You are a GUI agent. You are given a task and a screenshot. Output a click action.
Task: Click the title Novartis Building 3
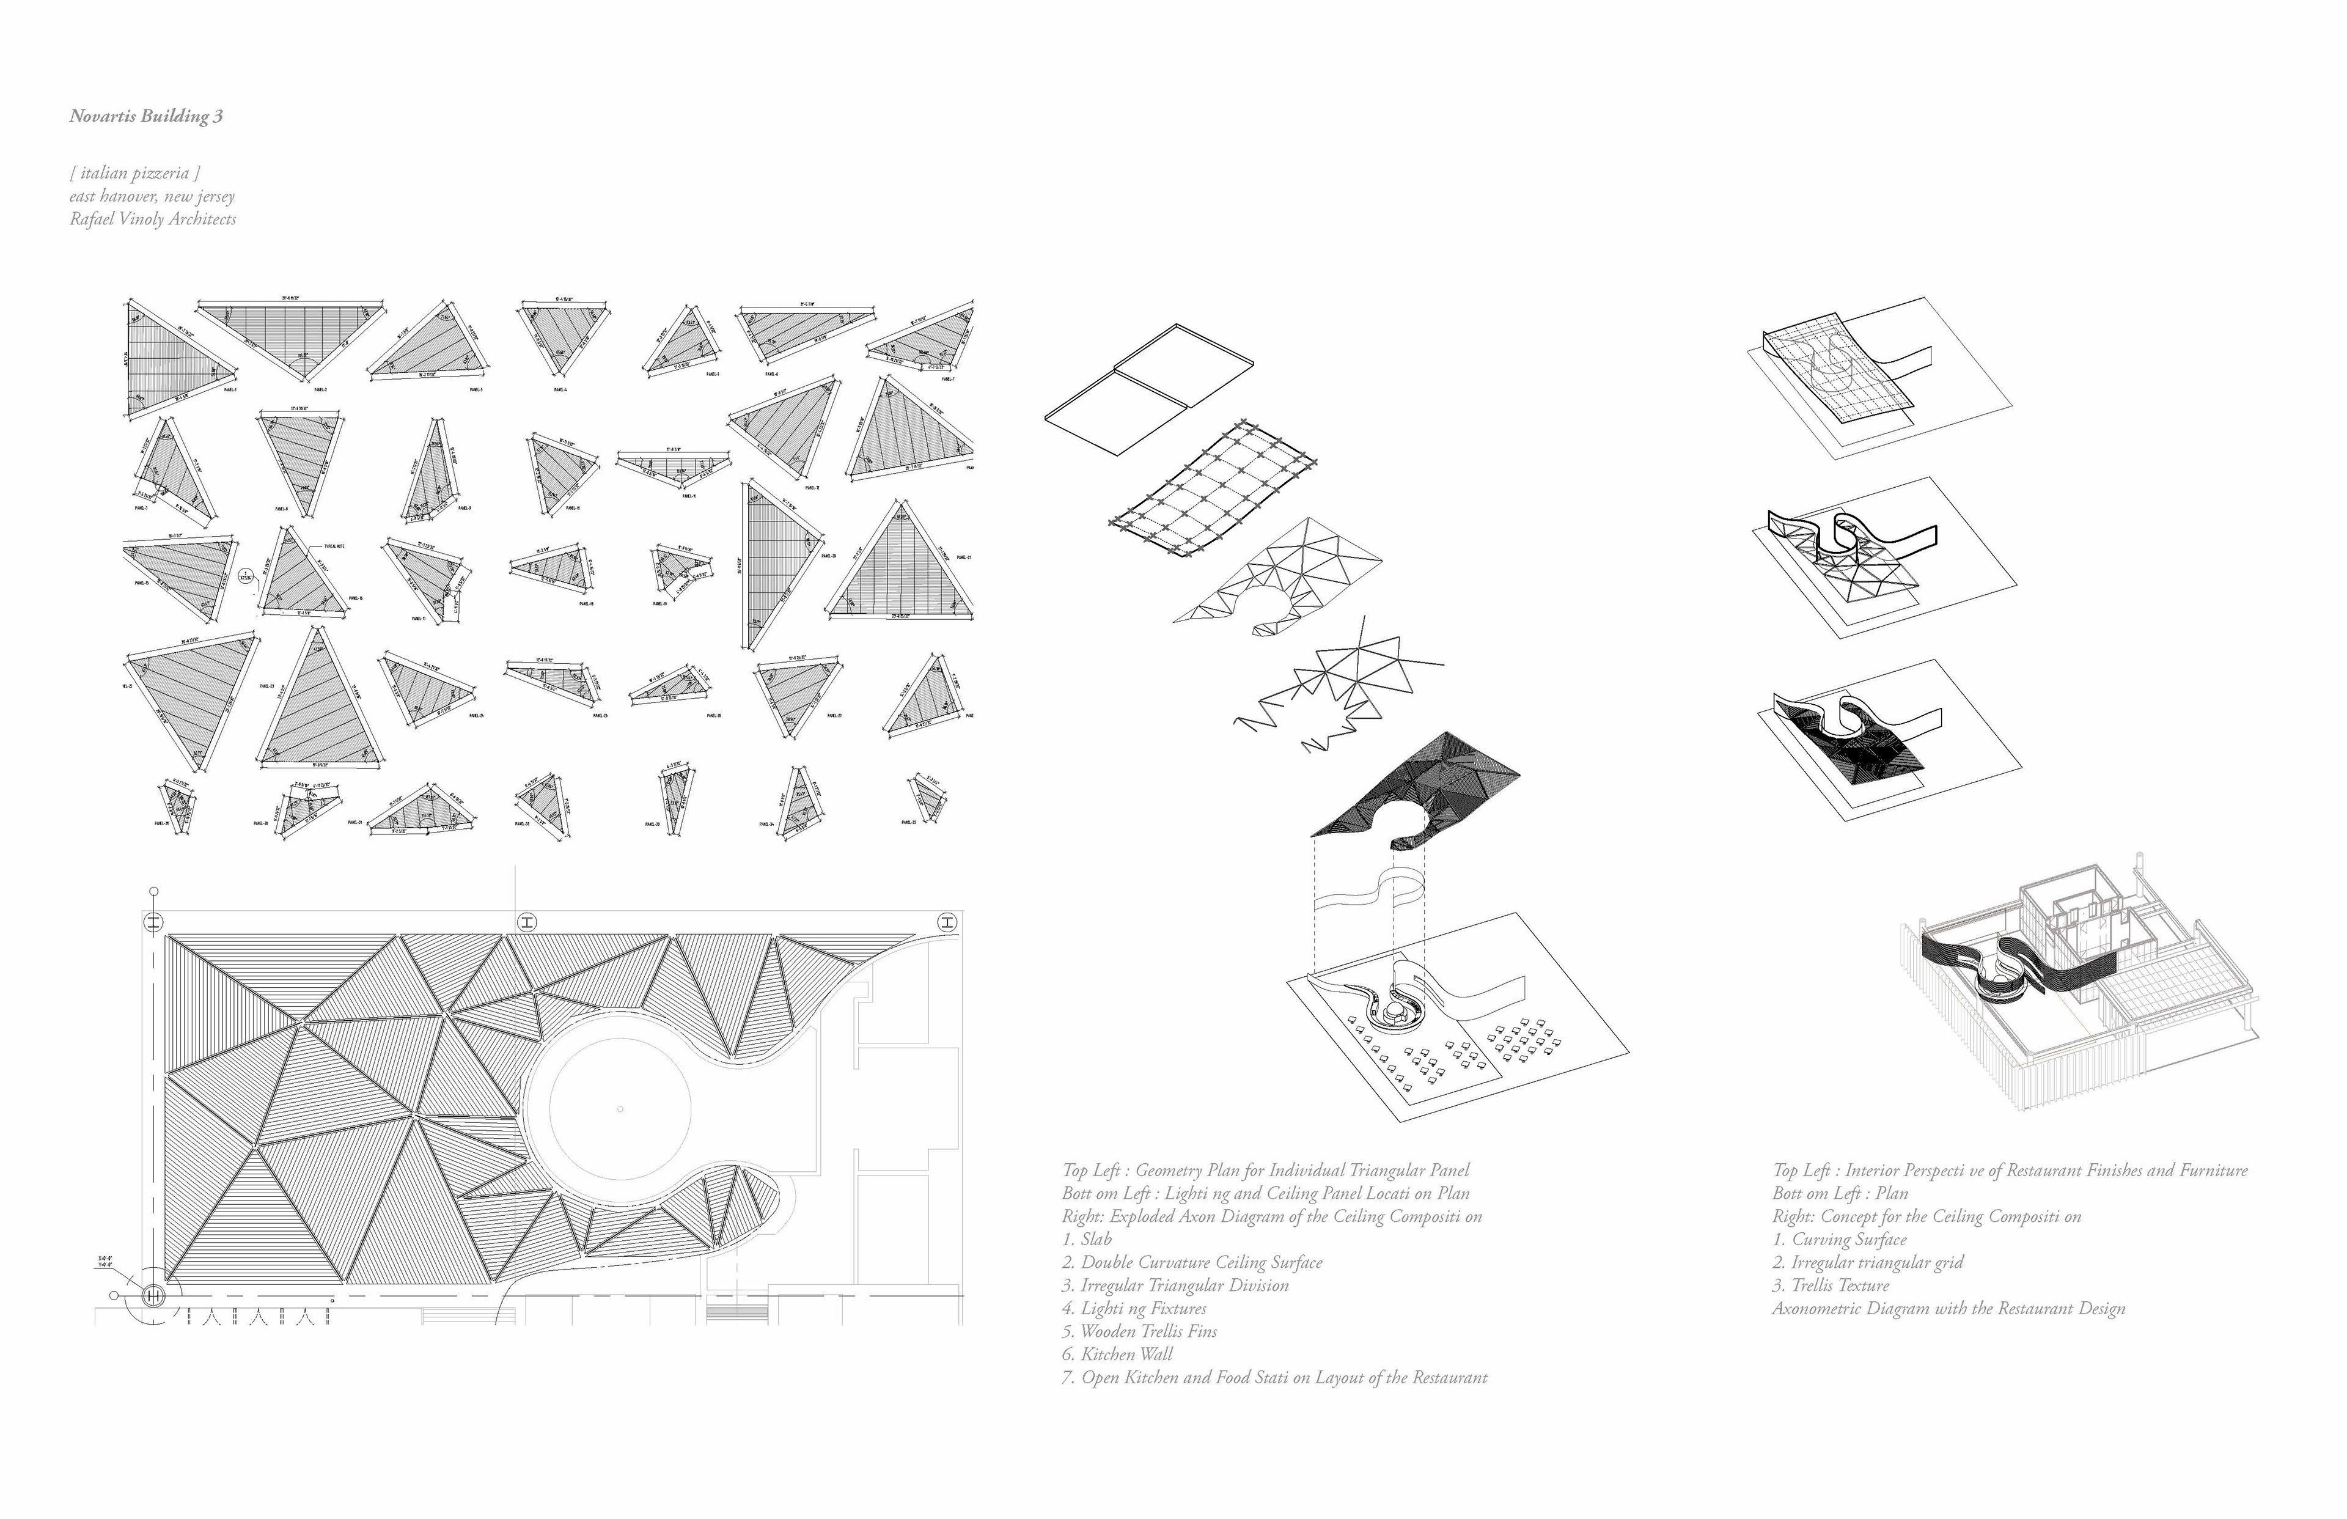click(x=146, y=116)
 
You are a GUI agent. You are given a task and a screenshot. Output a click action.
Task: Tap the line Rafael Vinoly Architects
click(x=153, y=219)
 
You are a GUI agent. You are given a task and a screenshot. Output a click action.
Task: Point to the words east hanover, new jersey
click(x=152, y=196)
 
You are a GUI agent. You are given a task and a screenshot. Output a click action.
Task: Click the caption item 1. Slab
click(x=1087, y=1240)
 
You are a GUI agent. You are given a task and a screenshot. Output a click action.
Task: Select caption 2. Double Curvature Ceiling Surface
click(x=1191, y=1262)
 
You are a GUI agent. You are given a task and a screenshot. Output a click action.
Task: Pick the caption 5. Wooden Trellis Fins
click(x=1139, y=1331)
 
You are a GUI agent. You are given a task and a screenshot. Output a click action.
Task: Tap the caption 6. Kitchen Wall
click(x=1117, y=1355)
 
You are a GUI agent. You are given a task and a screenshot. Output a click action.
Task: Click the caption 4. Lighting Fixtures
click(x=1134, y=1309)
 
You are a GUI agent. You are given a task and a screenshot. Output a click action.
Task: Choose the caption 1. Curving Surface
click(x=1839, y=1240)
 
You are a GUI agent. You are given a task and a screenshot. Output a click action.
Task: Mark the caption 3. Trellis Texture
click(x=1831, y=1286)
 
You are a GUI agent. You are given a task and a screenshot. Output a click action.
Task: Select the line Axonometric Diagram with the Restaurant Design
click(x=1948, y=1309)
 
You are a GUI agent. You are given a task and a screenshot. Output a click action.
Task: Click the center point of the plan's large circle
click(x=619, y=1109)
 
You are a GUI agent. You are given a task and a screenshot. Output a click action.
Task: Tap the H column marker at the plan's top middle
click(x=527, y=922)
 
